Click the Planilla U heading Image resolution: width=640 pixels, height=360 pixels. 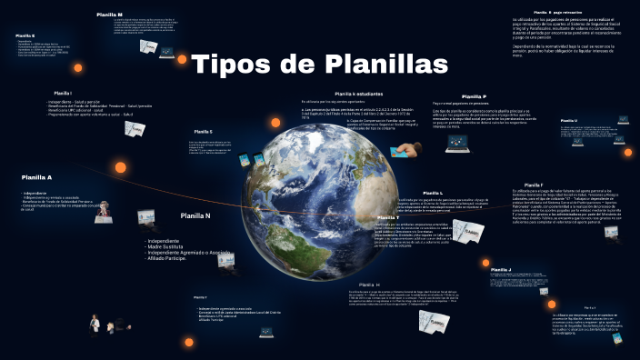[569, 120]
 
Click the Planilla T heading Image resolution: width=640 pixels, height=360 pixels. [388, 218]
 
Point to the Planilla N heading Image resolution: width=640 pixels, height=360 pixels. [195, 215]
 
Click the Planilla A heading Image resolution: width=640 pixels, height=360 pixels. [37, 177]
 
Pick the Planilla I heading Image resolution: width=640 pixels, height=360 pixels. [63, 93]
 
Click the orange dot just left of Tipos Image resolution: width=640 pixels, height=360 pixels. [182, 60]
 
